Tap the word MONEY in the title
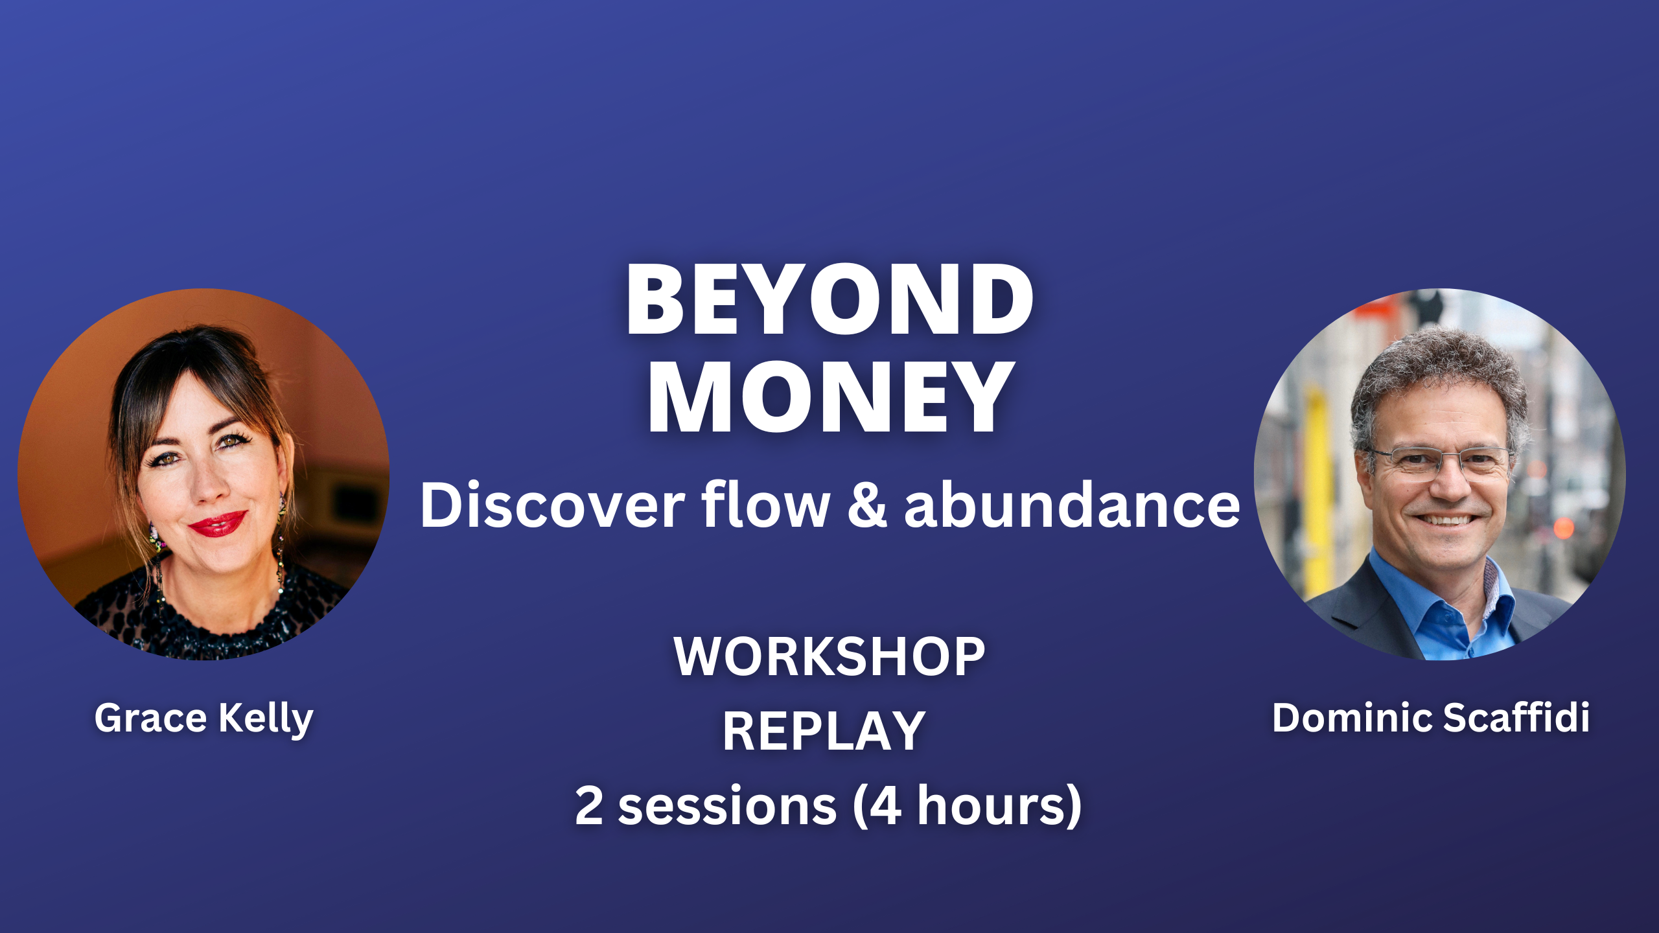830,397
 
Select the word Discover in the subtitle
552,505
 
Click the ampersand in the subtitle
867,505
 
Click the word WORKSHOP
829,656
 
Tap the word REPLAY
824,731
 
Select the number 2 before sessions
589,805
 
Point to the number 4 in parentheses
885,805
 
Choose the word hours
991,805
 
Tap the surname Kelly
266,719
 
